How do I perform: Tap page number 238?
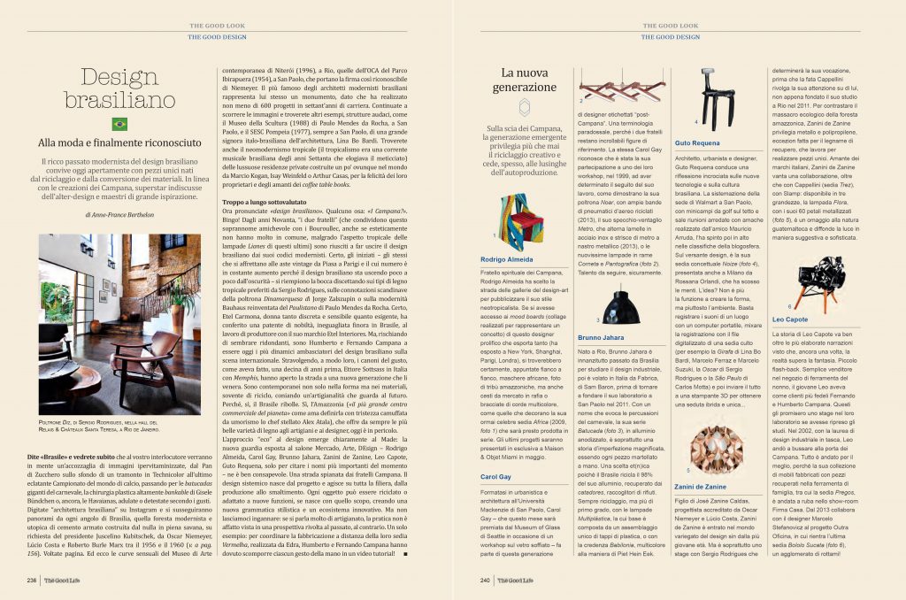[x=33, y=581]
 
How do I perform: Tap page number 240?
[x=485, y=581]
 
